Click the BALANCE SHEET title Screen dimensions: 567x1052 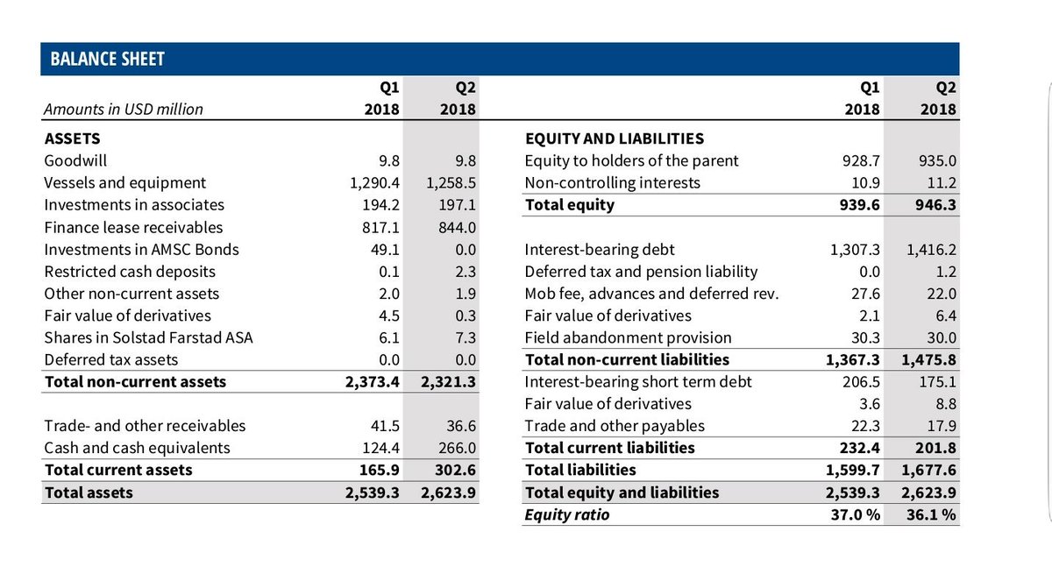click(x=108, y=60)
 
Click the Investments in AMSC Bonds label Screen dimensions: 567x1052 click(x=141, y=249)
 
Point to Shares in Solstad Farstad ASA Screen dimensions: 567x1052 click(x=148, y=337)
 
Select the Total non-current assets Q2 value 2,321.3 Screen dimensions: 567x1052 click(x=448, y=381)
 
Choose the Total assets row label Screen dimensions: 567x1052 click(x=89, y=493)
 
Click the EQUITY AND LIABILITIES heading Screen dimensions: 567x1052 click(x=614, y=138)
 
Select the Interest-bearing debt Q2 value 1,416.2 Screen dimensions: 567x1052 click(x=928, y=249)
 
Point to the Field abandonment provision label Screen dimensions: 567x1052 click(x=628, y=337)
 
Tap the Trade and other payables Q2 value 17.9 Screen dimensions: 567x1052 click(x=940, y=426)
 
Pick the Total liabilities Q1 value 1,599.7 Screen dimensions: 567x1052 click(x=855, y=470)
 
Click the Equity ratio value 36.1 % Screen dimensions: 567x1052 click(x=931, y=514)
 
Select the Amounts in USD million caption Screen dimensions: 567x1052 click(x=124, y=110)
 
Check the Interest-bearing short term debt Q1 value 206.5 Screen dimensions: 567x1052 click(x=859, y=381)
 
